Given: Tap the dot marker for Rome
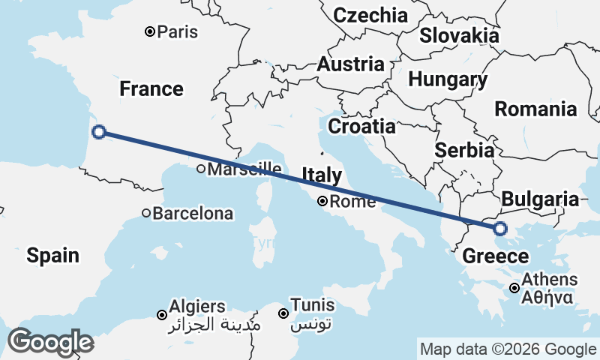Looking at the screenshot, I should [322, 201].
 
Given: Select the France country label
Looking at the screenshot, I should [151, 89].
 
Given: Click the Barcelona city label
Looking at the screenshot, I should [193, 214].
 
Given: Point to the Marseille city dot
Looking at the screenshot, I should [201, 169].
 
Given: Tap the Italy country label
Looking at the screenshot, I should [322, 175].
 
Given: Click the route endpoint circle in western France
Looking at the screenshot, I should [98, 133].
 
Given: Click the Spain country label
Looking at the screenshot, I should [52, 255].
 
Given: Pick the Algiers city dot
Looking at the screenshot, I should [161, 314].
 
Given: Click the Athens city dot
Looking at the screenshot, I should [514, 288].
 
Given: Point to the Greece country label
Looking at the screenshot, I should [495, 256].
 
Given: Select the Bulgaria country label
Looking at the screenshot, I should [540, 199].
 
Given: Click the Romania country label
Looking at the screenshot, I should [535, 109].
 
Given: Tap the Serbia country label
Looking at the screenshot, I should [464, 150].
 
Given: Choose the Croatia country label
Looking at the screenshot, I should [361, 126].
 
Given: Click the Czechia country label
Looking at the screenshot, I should [370, 15].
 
